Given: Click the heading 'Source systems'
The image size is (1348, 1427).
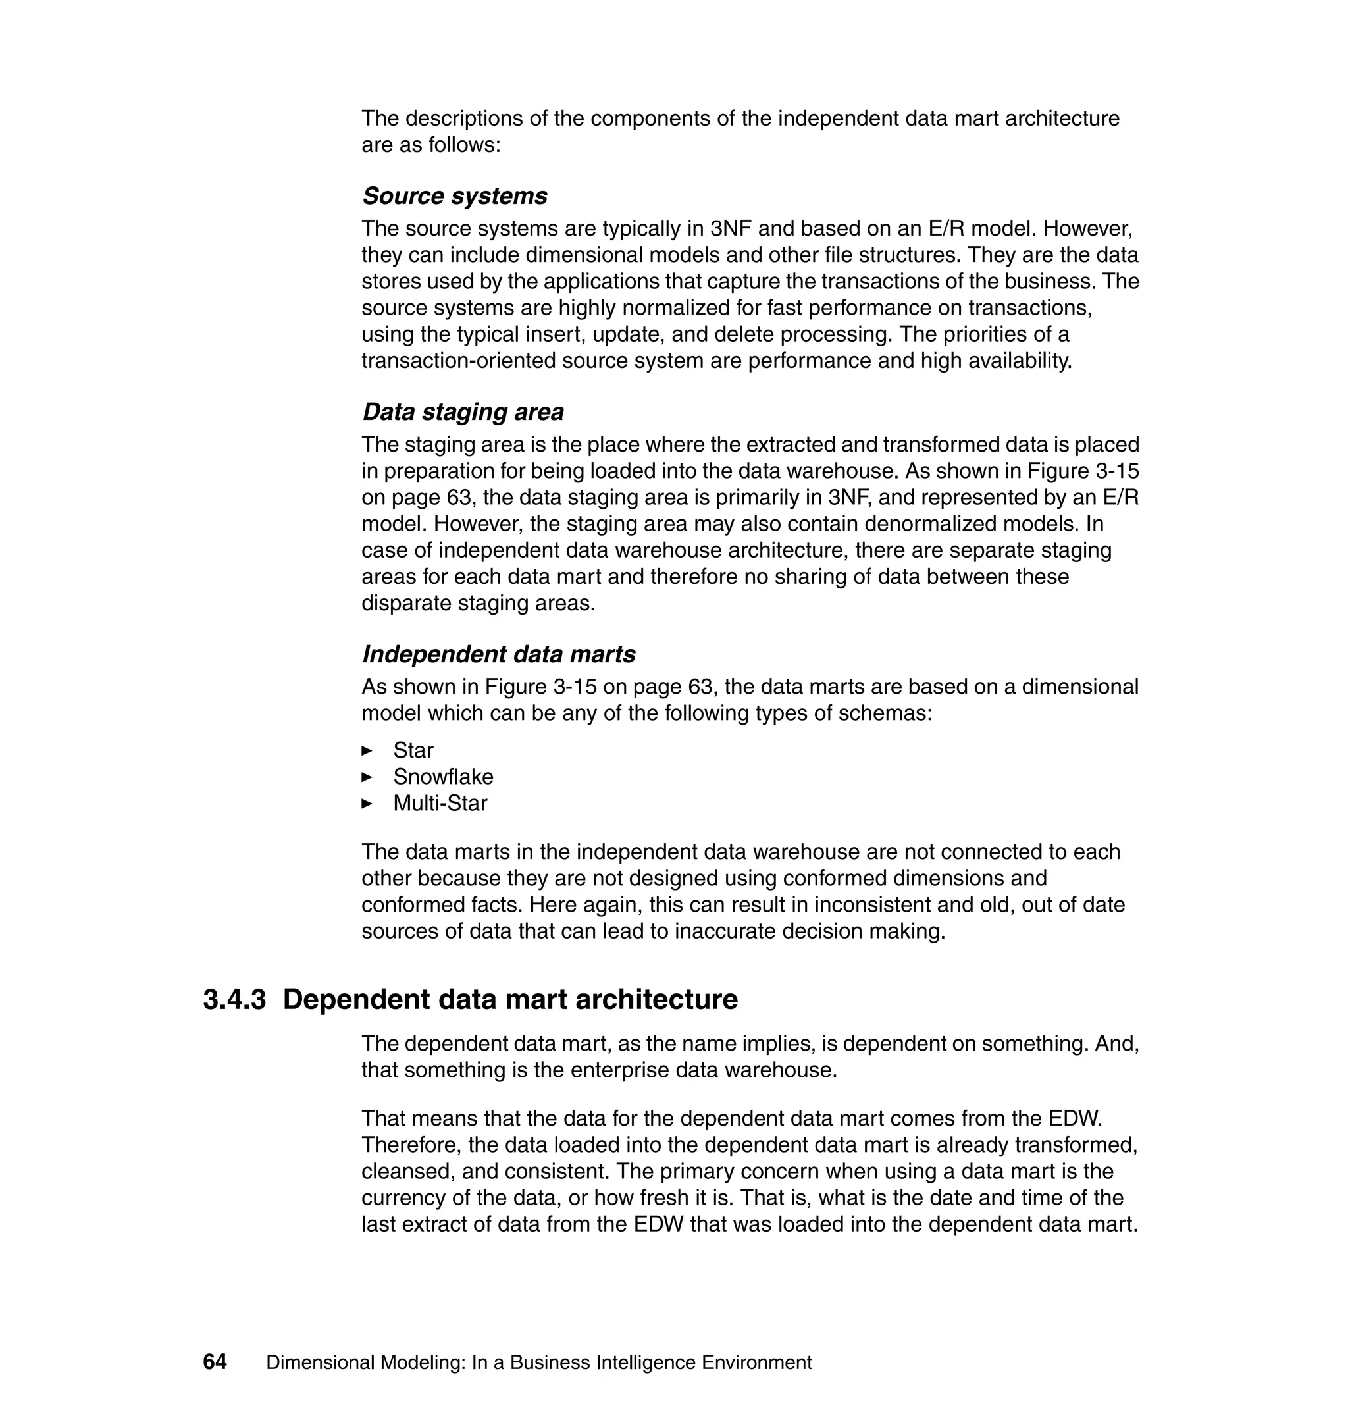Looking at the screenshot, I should pyautogui.click(x=454, y=196).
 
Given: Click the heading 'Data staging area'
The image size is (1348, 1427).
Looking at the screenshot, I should pyautogui.click(x=463, y=413).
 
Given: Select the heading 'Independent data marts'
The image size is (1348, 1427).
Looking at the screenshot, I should pyautogui.click(x=499, y=654).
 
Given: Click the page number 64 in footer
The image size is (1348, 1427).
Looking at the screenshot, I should pyautogui.click(x=215, y=1362).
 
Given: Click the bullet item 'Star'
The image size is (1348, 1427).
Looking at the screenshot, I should pyautogui.click(x=413, y=751).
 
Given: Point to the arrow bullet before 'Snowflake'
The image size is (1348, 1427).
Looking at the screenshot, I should pyautogui.click(x=367, y=777).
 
